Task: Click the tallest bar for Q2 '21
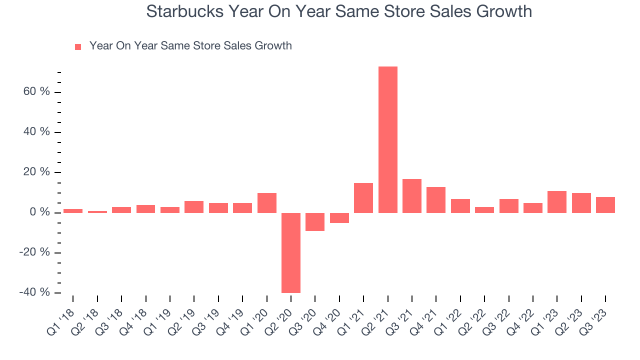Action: coord(388,139)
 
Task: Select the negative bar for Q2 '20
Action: coord(291,252)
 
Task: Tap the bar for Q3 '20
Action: coord(315,222)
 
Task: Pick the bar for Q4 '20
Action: coord(339,218)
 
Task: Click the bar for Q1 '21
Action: coord(363,198)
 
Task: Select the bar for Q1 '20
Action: coord(267,203)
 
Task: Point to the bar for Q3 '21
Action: coord(412,196)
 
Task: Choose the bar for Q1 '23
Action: coord(557,202)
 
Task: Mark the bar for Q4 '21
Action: coord(436,200)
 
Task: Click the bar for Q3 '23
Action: coord(605,205)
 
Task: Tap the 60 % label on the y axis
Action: coord(36,92)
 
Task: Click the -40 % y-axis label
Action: coord(34,292)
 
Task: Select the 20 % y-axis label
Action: coord(36,172)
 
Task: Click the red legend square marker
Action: coord(78,46)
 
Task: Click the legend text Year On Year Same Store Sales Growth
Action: coord(190,46)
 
